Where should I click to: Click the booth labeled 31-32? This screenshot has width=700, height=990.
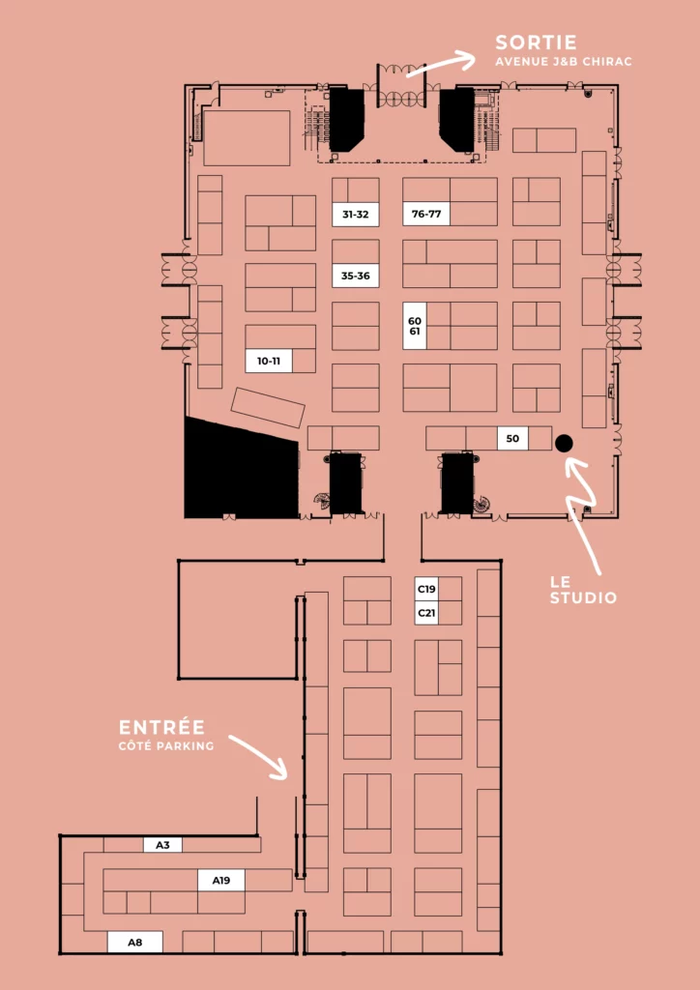point(356,214)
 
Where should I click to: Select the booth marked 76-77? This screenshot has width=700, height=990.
point(426,214)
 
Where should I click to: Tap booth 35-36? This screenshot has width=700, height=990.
point(356,276)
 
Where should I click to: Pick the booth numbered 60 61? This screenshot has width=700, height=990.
point(415,325)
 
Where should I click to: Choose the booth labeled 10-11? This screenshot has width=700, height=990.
point(269,361)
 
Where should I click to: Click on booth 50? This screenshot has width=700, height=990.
point(512,438)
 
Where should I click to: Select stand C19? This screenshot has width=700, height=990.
point(426,589)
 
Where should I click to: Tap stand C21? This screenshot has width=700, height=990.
point(426,612)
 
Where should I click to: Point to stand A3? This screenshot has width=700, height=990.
point(162,844)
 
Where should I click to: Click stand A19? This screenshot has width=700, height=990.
point(220,880)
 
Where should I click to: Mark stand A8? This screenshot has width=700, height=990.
point(135,942)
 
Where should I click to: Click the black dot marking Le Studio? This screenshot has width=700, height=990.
point(564,443)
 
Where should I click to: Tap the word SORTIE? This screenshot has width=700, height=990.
point(536,43)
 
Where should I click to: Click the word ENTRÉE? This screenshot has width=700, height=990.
point(162,727)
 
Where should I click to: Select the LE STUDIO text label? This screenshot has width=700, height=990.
point(583,590)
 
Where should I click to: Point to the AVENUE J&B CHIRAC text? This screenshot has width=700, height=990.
point(564,62)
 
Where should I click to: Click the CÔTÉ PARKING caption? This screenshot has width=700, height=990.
point(166,746)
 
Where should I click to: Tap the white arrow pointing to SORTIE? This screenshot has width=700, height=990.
point(442,65)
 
